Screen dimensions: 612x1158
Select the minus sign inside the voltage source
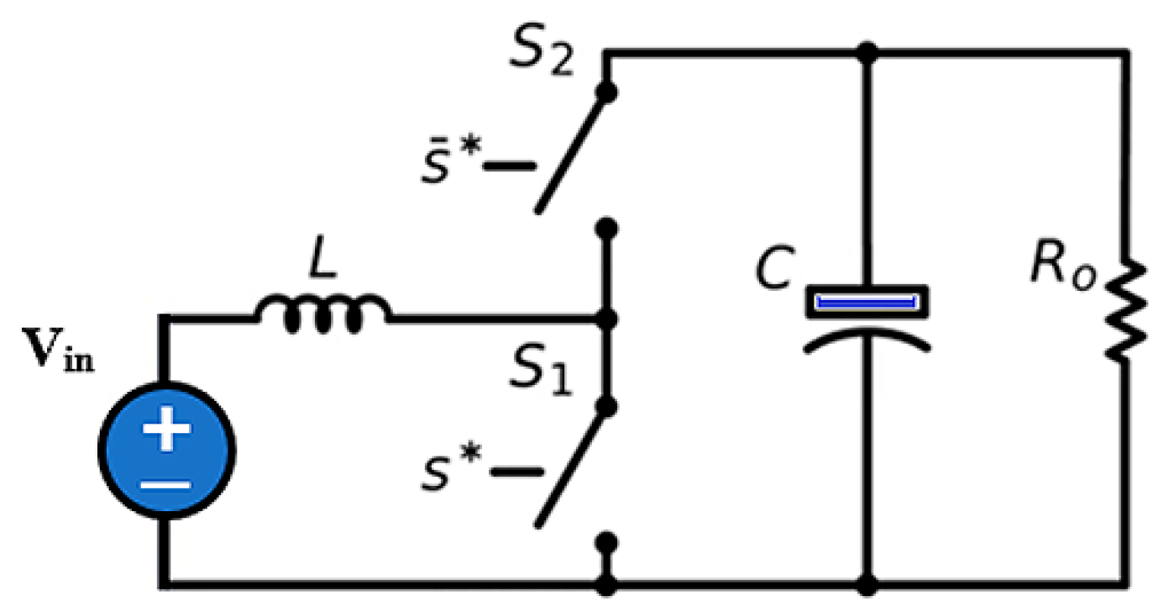point(165,485)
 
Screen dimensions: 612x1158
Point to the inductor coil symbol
point(323,316)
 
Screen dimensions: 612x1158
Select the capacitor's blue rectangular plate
point(867,302)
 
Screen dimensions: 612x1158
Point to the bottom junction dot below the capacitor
point(868,582)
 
